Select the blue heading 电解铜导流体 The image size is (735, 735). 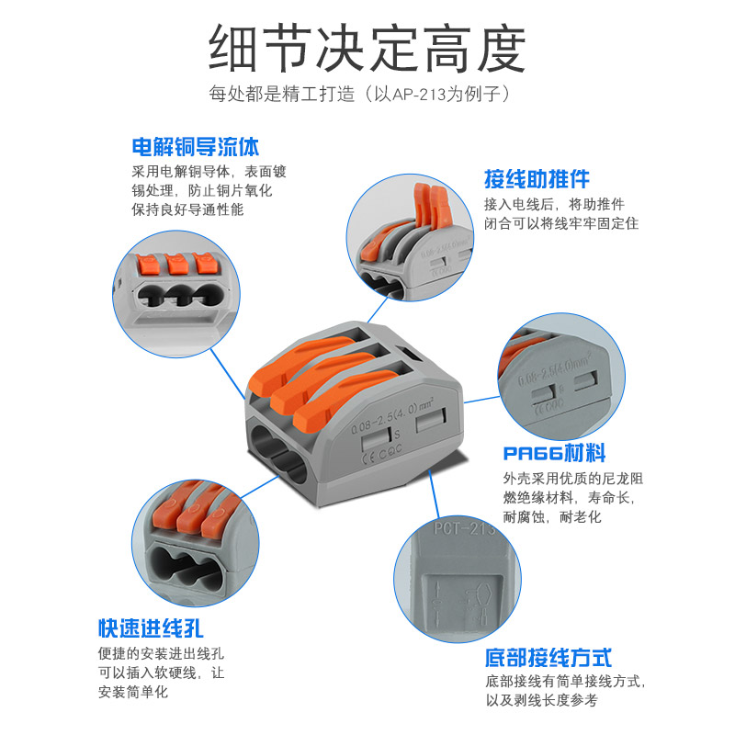195,147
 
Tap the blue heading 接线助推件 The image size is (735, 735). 537,178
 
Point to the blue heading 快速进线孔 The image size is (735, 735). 151,629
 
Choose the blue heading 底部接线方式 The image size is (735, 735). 548,658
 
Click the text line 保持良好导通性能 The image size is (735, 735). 187,209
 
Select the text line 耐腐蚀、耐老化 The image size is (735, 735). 551,518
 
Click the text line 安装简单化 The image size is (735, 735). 133,692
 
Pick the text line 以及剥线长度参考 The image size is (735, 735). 541,700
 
